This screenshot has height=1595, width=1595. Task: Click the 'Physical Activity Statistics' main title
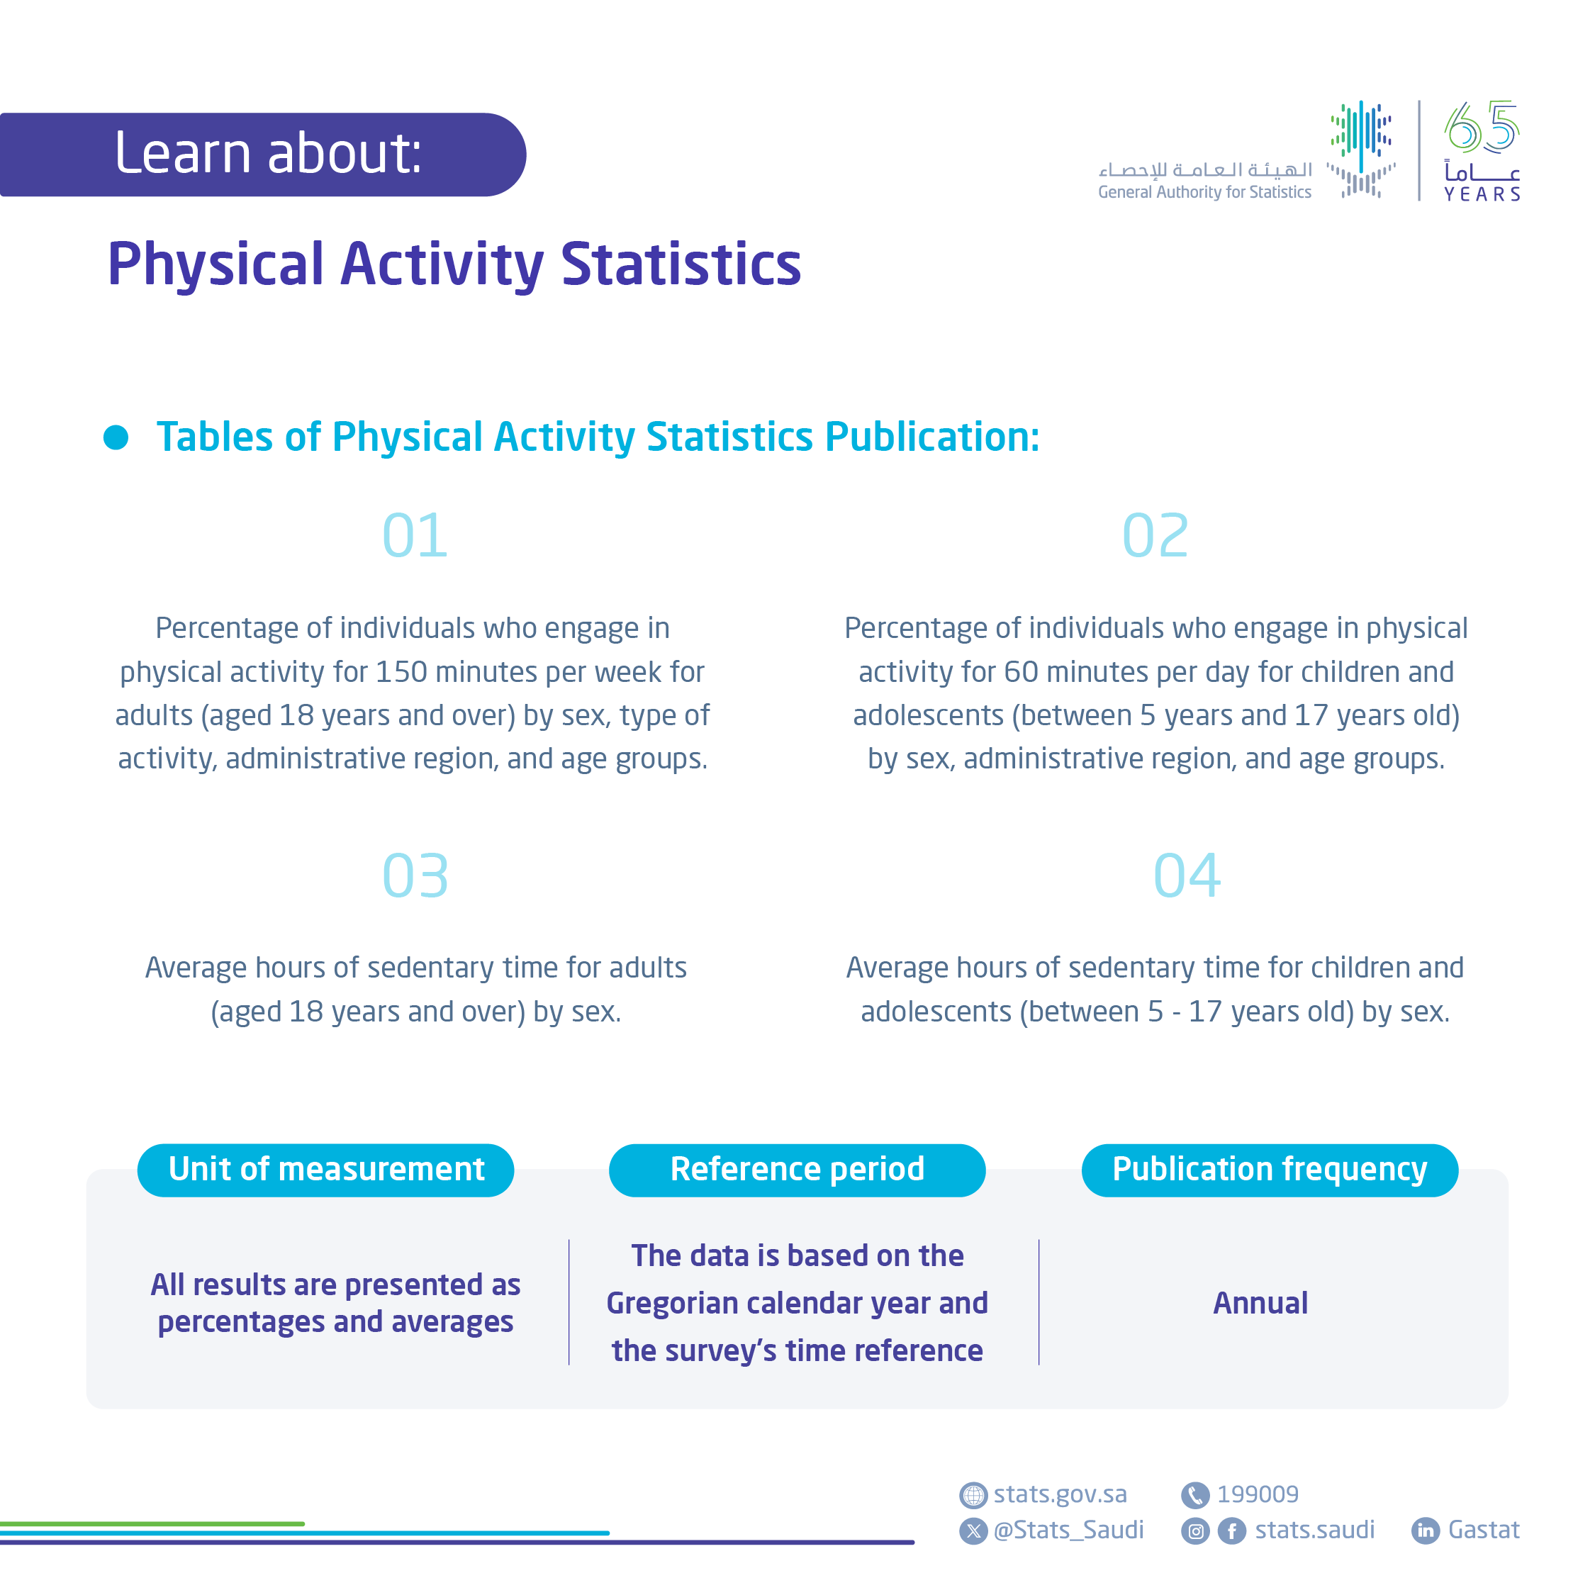(454, 264)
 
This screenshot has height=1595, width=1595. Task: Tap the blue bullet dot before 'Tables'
(116, 437)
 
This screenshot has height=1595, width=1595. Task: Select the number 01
(415, 536)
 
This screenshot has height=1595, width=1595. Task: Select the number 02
(1155, 536)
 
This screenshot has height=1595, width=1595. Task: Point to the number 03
(415, 876)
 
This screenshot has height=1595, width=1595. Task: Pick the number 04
(1187, 876)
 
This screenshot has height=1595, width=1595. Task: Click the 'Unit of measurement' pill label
(326, 1170)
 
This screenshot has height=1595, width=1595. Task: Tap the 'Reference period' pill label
(797, 1170)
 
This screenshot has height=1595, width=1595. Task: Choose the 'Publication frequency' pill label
(1269, 1170)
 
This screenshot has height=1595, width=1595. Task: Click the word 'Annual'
(1260, 1304)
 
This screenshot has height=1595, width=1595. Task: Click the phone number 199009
(1258, 1494)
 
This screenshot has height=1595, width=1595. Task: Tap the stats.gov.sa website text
(1060, 1494)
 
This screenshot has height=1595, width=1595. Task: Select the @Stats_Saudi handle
(1068, 1530)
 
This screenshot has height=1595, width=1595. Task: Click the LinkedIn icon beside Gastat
(1426, 1530)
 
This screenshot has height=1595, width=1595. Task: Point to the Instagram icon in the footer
(1195, 1531)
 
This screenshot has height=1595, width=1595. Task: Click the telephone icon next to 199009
(1194, 1495)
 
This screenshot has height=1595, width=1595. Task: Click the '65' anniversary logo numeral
(1482, 128)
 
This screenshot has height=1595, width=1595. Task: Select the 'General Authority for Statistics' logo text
(1204, 192)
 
